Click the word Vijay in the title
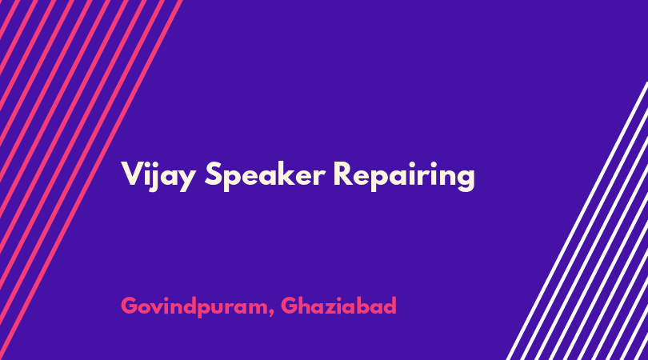(158, 176)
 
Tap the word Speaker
(266, 176)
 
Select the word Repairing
(404, 176)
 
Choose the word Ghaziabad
(338, 306)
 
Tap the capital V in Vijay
(131, 174)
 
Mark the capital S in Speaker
(214, 174)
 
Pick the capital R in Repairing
(343, 174)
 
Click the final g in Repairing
(465, 180)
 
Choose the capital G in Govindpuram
(130, 306)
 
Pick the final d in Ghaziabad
(390, 306)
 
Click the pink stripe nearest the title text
(91, 180)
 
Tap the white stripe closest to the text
(577, 221)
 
